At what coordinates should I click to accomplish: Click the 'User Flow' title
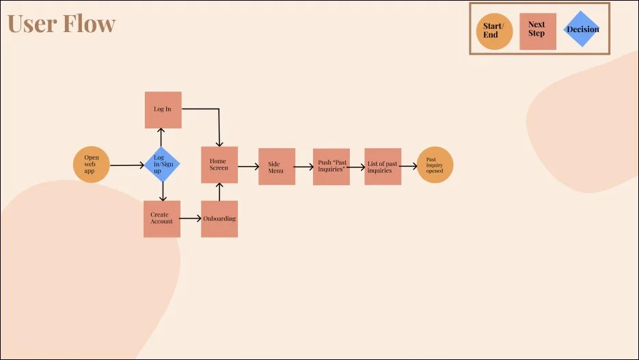[62, 24]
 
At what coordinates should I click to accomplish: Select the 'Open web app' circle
[92, 165]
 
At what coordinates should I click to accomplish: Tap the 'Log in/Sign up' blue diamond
[162, 165]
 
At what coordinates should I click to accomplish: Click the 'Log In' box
[163, 110]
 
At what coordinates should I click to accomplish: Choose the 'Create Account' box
[162, 219]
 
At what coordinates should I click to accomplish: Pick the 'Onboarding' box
[219, 219]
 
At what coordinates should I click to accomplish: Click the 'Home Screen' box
[219, 165]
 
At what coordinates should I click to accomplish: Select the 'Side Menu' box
[276, 166]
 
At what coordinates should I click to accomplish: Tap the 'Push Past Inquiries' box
[331, 166]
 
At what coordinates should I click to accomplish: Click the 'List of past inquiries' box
[383, 166]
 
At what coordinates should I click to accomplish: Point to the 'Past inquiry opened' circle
[435, 165]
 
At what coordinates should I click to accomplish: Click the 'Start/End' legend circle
[494, 31]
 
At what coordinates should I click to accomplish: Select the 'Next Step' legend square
[537, 31]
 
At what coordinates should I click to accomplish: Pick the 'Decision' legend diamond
[582, 29]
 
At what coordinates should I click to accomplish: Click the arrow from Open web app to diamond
[126, 165]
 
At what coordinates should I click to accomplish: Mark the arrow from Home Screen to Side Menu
[247, 166]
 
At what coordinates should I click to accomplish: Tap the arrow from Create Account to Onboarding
[190, 219]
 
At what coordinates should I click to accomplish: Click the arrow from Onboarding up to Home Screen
[219, 192]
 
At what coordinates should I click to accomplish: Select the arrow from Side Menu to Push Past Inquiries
[303, 166]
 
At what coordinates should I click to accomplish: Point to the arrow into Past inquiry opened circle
[409, 166]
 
